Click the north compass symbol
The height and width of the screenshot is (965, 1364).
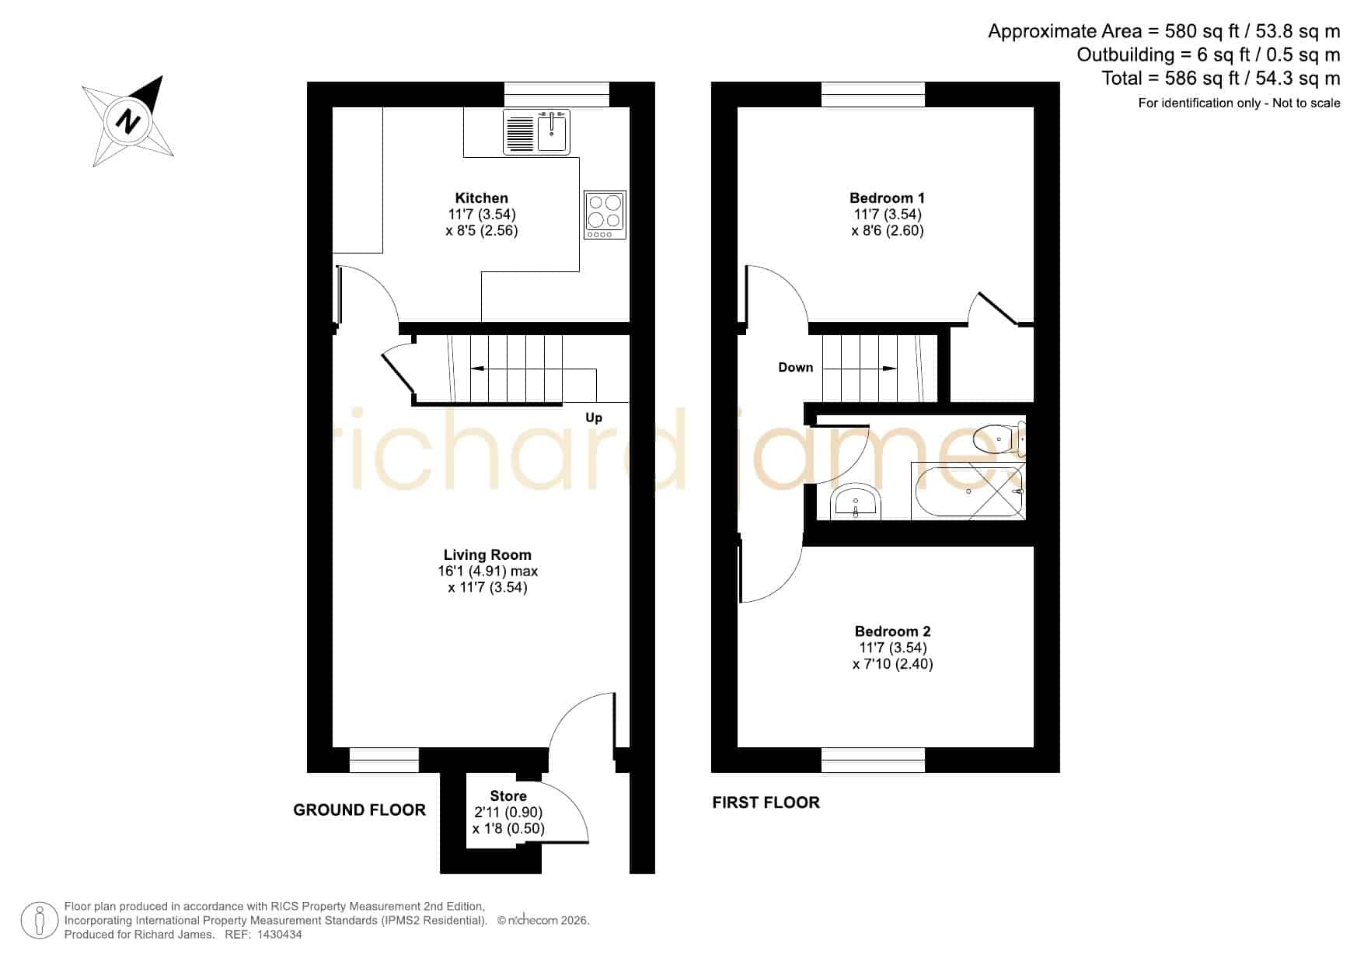(x=128, y=121)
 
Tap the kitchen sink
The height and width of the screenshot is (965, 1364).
(x=536, y=131)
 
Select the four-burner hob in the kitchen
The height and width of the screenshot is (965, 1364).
(x=605, y=215)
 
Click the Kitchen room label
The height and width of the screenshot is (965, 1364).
(x=482, y=198)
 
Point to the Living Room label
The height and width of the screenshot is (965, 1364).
(x=487, y=554)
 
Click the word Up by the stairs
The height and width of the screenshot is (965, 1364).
(x=594, y=418)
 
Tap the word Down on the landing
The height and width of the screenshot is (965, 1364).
(x=796, y=367)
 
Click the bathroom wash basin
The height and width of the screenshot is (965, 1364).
(x=855, y=502)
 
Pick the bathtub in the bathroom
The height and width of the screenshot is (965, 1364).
(x=968, y=491)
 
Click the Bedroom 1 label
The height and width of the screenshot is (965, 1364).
(x=887, y=198)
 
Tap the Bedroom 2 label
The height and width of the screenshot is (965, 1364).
(x=892, y=631)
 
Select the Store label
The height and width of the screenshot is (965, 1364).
(x=508, y=796)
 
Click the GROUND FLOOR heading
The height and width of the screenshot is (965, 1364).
(x=359, y=810)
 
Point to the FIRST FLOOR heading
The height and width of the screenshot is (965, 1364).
(x=766, y=802)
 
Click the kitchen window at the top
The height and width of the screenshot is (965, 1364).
(x=556, y=94)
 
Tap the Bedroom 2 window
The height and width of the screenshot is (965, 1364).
(x=873, y=760)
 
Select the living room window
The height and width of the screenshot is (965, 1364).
(x=384, y=760)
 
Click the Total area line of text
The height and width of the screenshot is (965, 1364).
(x=1221, y=79)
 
